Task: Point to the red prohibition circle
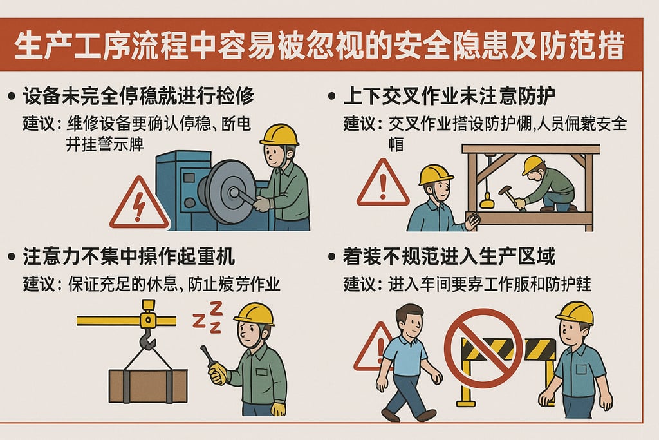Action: [x=483, y=348]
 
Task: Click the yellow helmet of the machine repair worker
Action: [x=279, y=135]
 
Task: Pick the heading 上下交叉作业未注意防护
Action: [x=450, y=97]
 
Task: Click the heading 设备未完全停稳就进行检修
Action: [x=138, y=97]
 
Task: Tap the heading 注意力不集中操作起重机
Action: [x=129, y=257]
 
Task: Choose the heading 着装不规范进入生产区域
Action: [x=450, y=257]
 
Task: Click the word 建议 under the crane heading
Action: [x=39, y=284]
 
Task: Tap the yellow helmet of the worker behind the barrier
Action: [x=574, y=312]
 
